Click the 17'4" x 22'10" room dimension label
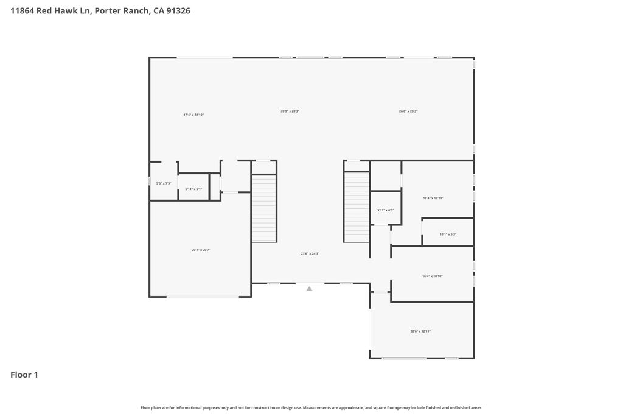pyautogui.click(x=193, y=115)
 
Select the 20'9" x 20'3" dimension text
pyautogui.click(x=290, y=111)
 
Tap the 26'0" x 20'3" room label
pyautogui.click(x=408, y=111)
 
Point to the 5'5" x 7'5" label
pyautogui.click(x=164, y=183)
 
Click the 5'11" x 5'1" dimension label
pyautogui.click(x=193, y=189)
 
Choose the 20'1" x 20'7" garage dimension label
pyautogui.click(x=201, y=250)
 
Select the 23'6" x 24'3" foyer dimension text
pyautogui.click(x=310, y=254)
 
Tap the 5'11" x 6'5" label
pyautogui.click(x=386, y=210)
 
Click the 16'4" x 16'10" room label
pyautogui.click(x=433, y=198)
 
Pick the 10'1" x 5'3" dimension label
pyautogui.click(x=448, y=234)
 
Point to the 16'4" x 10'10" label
pyautogui.click(x=433, y=277)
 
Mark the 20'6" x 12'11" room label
pyautogui.click(x=420, y=331)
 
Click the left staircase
pyautogui.click(x=264, y=208)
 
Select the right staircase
pyautogui.click(x=357, y=207)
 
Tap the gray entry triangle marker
pyautogui.click(x=309, y=289)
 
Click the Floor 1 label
pyautogui.click(x=24, y=375)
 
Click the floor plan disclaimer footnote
pyautogui.click(x=311, y=408)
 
